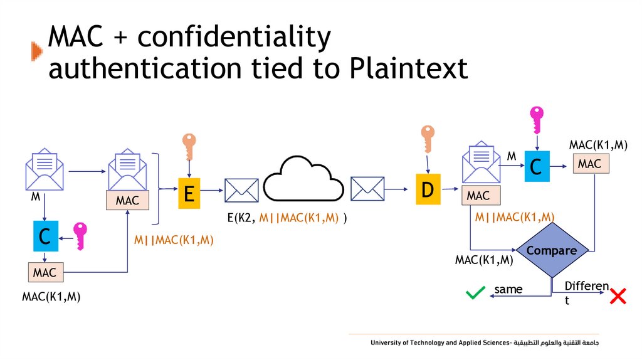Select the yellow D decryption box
tap(428, 189)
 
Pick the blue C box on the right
tap(535, 167)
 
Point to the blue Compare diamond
tap(552, 251)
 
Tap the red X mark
tap(618, 297)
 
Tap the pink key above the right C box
tap(537, 119)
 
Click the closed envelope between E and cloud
tap(241, 190)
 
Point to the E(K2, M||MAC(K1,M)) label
tap(287, 218)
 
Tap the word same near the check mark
tap(508, 289)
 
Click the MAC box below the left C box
tap(45, 272)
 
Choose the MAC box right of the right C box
tap(589, 164)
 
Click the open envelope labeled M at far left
tap(44, 169)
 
